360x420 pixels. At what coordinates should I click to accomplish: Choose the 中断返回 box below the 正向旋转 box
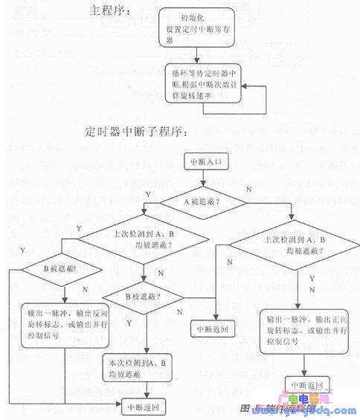(x=303, y=386)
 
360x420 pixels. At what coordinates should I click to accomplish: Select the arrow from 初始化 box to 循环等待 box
(x=196, y=54)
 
